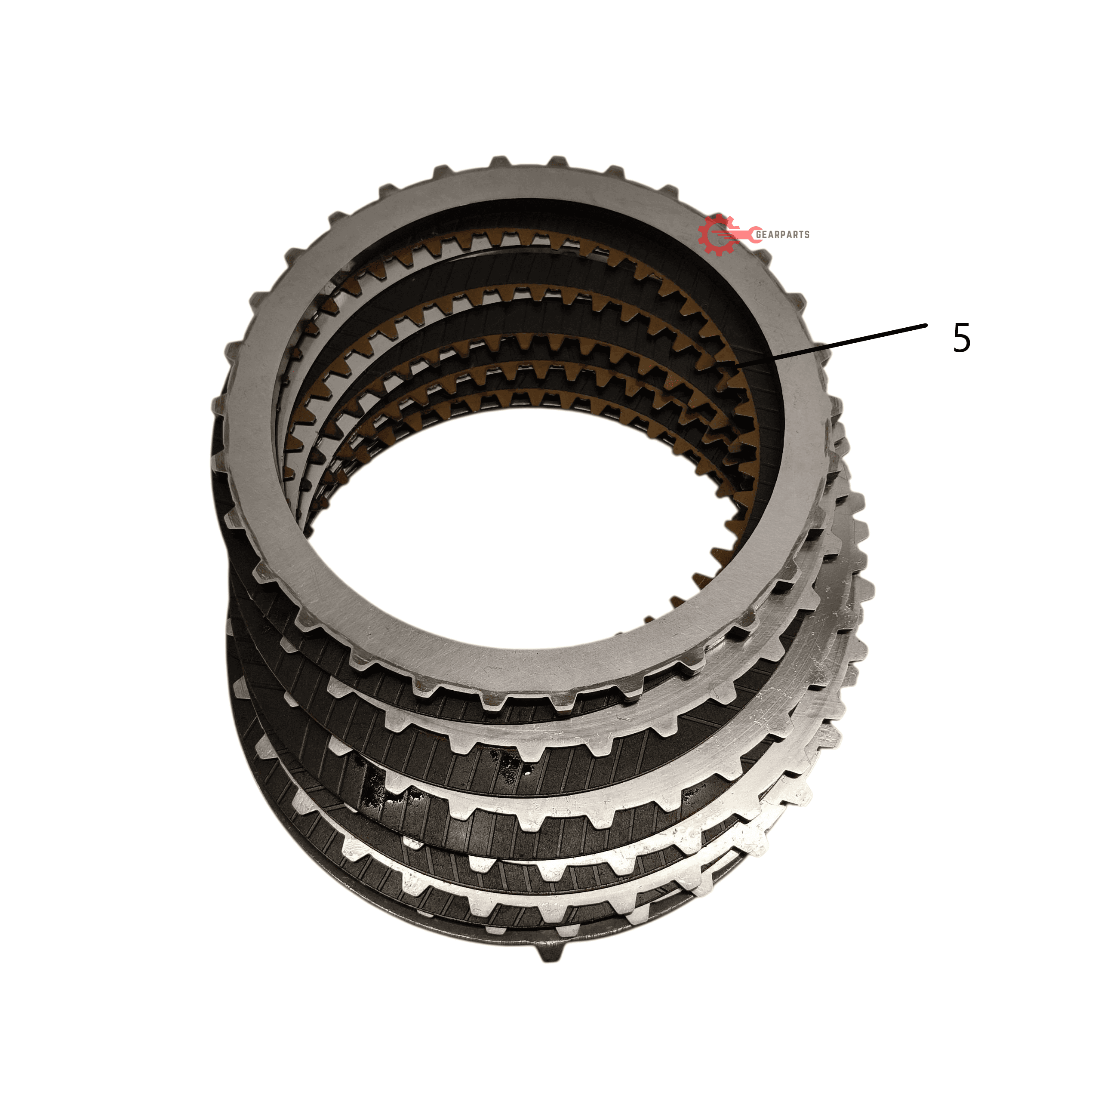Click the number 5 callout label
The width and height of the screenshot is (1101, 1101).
pyautogui.click(x=961, y=338)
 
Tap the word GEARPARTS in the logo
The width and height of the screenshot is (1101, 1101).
pyautogui.click(x=782, y=234)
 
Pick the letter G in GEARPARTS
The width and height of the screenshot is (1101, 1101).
pyautogui.click(x=759, y=234)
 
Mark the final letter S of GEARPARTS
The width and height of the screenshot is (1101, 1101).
pyautogui.click(x=806, y=234)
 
